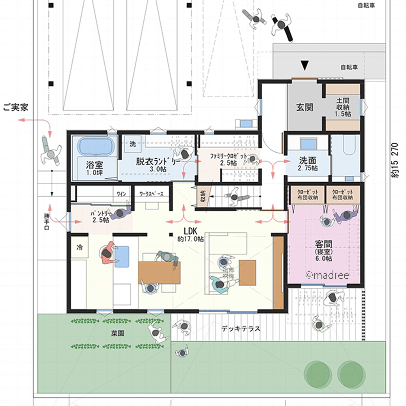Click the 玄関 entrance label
[304, 107]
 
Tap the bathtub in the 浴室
[96, 147]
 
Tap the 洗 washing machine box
[132, 143]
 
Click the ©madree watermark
[327, 275]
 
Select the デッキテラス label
[241, 329]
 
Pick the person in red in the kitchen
[106, 253]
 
